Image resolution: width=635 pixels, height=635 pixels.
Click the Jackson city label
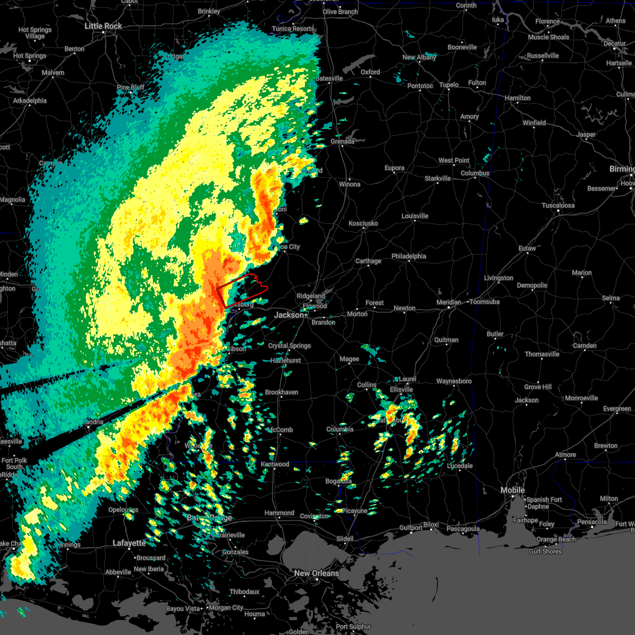point(289,315)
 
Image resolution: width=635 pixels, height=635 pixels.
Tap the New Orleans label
point(316,573)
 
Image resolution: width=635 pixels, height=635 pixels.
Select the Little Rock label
point(103,26)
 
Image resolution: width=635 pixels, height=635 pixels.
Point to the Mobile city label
point(513,490)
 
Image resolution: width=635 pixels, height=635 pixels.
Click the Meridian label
point(449,302)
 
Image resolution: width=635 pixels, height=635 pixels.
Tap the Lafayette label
point(129,543)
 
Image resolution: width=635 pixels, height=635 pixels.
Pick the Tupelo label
point(449,85)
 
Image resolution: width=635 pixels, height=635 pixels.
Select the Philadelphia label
point(409,256)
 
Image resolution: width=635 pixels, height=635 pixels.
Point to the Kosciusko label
point(363,223)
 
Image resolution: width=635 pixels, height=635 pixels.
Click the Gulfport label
point(411,528)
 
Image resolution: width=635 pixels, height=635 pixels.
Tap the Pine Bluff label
point(130,87)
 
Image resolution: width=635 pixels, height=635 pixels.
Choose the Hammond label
point(279,513)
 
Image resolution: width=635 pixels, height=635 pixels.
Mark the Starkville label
point(438,178)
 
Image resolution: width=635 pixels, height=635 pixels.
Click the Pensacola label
point(592,522)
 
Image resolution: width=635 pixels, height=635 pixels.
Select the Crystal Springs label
point(289,346)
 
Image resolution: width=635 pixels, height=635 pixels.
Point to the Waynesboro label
point(453,381)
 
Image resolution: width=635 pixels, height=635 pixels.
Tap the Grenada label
point(342,141)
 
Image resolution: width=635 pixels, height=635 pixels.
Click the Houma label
point(255,614)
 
